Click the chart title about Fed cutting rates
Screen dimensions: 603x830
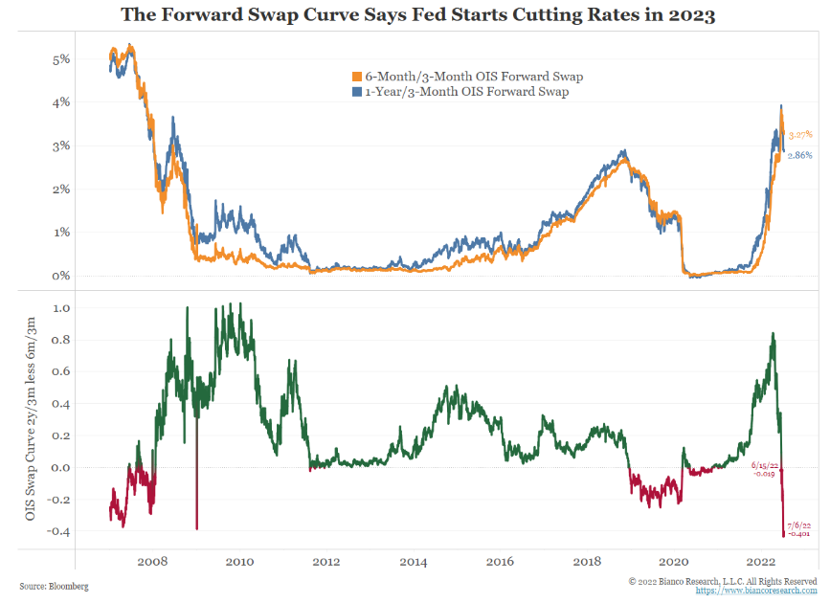[415, 14]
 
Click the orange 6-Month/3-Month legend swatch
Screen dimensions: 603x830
[357, 77]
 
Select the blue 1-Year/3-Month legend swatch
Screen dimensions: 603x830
[357, 92]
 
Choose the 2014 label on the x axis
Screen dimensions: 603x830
[413, 562]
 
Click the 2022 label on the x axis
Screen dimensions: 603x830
[760, 562]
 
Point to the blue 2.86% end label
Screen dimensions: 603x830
[799, 154]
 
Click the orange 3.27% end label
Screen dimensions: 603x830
[800, 135]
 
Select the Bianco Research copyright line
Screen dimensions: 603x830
[723, 580]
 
